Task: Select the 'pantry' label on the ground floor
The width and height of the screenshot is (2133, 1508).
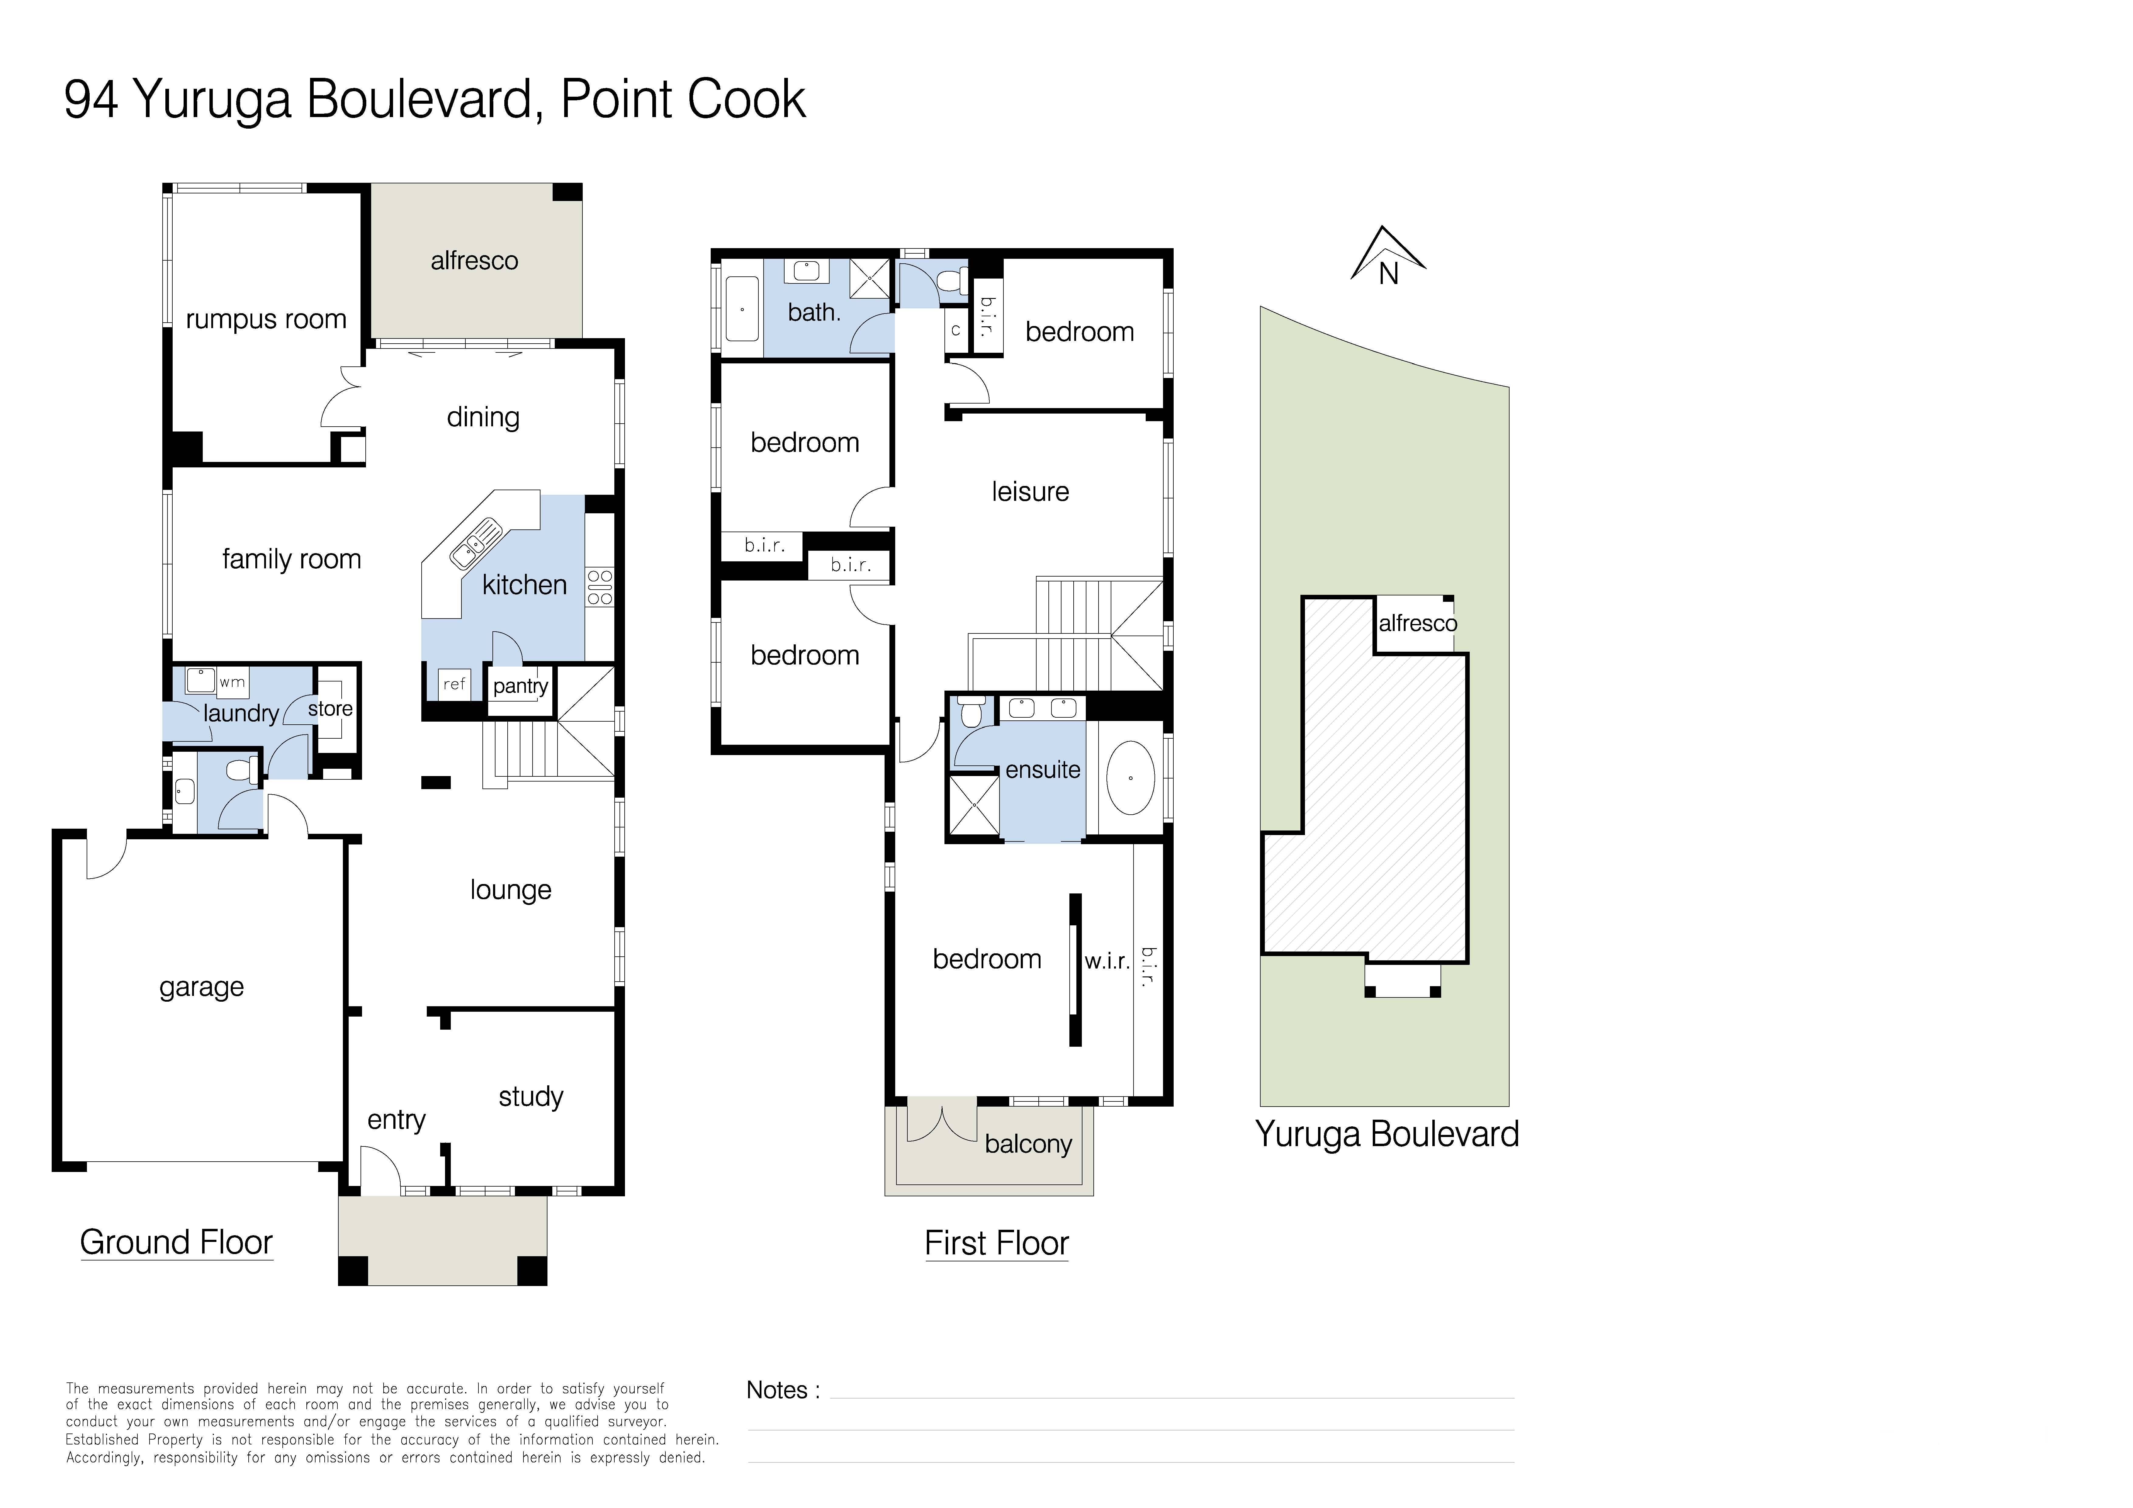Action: click(520, 687)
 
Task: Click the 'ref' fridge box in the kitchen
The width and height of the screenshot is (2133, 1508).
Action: click(453, 684)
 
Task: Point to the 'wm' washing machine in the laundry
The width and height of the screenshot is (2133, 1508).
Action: click(232, 682)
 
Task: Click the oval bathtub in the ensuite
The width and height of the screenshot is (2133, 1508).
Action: click(1130, 778)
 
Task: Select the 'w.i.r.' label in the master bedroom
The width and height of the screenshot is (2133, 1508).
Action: click(1106, 962)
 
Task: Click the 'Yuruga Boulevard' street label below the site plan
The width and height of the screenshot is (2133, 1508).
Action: click(1386, 1135)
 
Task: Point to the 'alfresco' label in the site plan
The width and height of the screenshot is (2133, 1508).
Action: click(1417, 623)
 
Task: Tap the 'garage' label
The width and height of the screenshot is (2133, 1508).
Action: click(202, 987)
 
